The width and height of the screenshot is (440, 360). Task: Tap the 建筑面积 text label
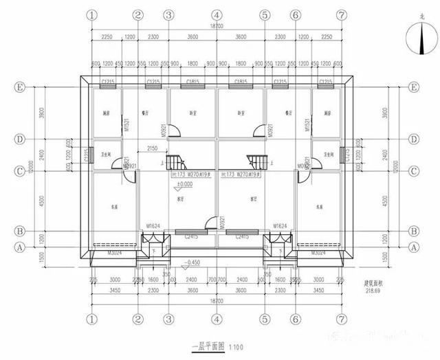pos(373,282)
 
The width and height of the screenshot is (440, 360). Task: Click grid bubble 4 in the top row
pos(217,14)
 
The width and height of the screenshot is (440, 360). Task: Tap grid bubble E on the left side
pos(20,87)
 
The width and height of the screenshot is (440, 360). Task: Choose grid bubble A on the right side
pos(414,246)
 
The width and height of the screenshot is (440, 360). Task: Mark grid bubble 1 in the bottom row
pos(90,319)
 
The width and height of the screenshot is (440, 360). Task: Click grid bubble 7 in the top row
pos(342,14)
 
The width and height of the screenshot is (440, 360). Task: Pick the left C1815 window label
pos(192,82)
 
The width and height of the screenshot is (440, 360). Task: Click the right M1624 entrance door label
pos(280,225)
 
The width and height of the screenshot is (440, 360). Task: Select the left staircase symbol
pos(178,163)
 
